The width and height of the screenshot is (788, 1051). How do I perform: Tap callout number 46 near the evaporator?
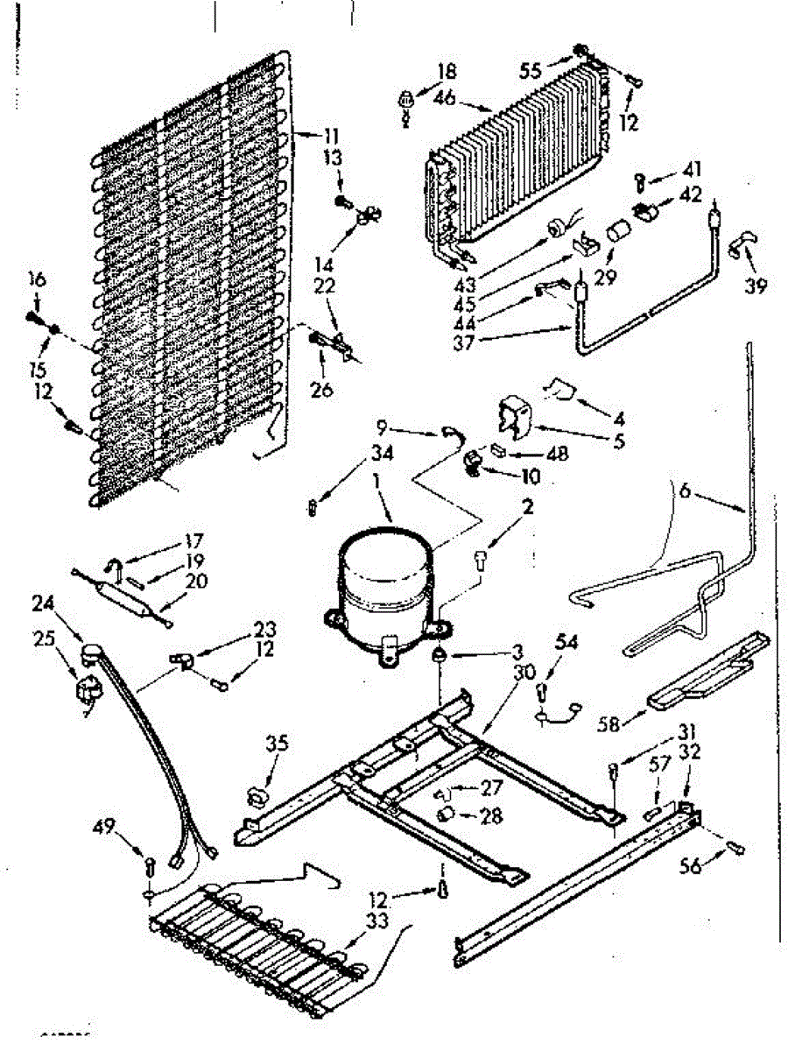(445, 99)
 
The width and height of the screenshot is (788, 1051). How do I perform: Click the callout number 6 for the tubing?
(685, 492)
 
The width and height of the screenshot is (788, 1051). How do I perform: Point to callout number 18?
(447, 72)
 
